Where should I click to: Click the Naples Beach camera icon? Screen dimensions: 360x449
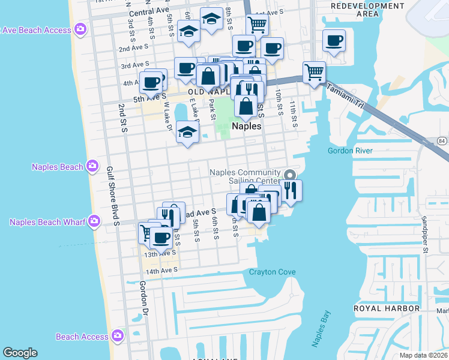[92, 166]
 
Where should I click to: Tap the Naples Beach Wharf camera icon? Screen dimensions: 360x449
[94, 222]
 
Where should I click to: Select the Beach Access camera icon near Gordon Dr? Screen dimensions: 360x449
[118, 336]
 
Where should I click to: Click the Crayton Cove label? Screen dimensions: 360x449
[273, 272]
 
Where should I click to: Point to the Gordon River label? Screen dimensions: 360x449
[350, 151]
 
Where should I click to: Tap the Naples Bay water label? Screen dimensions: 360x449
[321, 329]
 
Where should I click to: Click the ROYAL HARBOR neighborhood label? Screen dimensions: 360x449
[386, 308]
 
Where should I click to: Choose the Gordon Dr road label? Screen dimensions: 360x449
[143, 298]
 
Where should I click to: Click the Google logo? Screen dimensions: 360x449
[20, 353]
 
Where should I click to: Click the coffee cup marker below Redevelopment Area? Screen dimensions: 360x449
[334, 41]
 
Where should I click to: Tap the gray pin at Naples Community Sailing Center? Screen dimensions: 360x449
[290, 175]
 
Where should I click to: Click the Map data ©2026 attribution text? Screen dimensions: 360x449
[424, 355]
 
